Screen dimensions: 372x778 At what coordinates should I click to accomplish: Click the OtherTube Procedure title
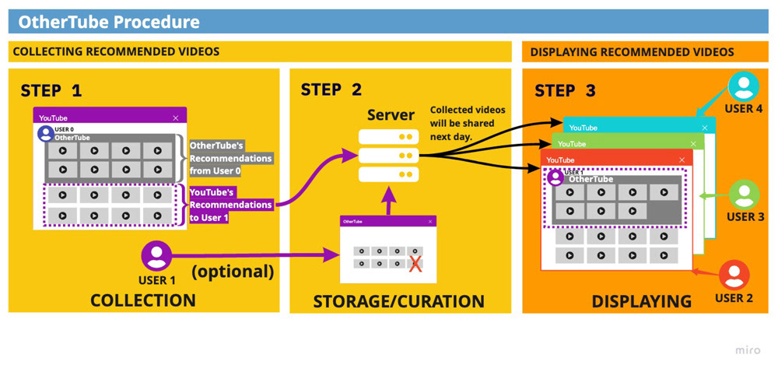click(x=109, y=21)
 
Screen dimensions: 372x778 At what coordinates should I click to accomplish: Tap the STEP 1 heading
click(x=51, y=90)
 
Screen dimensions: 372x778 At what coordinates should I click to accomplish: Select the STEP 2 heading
click(x=331, y=89)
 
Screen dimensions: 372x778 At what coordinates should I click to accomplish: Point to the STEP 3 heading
click(x=565, y=90)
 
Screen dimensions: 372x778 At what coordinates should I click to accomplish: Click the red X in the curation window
click(x=415, y=263)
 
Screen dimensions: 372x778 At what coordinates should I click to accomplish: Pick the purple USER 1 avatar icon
click(x=156, y=256)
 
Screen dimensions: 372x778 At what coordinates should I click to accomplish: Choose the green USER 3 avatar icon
click(x=745, y=195)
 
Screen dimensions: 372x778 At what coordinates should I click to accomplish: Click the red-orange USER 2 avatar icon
click(x=734, y=275)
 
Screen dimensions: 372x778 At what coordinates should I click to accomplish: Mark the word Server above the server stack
click(x=391, y=115)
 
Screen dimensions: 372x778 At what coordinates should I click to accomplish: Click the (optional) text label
click(x=233, y=272)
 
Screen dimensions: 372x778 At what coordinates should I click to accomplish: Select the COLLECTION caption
click(x=143, y=300)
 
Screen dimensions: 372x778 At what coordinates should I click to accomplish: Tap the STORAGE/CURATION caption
click(x=398, y=301)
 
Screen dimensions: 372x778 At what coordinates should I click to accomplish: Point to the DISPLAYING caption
click(x=641, y=301)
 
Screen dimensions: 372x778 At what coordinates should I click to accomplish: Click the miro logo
click(x=748, y=350)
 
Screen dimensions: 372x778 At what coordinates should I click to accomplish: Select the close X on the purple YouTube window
click(x=176, y=118)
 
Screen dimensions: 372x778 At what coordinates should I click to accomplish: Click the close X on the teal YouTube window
click(x=705, y=128)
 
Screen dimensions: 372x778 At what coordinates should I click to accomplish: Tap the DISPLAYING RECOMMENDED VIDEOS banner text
click(x=632, y=52)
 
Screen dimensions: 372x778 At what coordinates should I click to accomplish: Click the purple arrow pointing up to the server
click(x=390, y=201)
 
